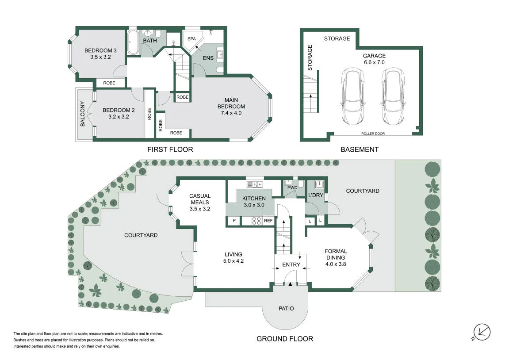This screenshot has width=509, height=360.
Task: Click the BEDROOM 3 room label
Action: [100, 51]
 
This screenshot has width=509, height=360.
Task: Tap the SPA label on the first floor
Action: [191, 38]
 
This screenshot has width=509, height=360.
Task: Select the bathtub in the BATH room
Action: [133, 42]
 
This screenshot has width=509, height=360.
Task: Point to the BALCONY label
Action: [82, 114]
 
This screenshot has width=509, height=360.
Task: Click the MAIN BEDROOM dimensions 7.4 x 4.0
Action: [231, 113]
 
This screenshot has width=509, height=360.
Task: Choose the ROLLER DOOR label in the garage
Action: [373, 134]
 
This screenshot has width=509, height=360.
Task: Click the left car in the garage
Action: [352, 96]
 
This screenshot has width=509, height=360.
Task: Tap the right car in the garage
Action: [393, 96]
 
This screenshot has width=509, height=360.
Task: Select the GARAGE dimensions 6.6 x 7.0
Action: [374, 62]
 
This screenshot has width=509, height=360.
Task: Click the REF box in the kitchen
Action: [268, 221]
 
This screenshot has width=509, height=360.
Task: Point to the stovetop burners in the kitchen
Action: [256, 221]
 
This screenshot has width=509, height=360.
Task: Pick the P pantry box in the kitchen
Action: [234, 221]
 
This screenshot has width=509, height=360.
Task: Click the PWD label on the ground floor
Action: [292, 188]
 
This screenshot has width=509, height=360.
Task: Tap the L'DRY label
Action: [316, 195]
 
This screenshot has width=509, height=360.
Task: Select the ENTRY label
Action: [291, 264]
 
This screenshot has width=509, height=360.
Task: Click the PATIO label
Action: [286, 308]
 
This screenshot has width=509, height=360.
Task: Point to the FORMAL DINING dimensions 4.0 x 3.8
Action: [336, 264]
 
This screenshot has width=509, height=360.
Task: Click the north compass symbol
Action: [482, 332]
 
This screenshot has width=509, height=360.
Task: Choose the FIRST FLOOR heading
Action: [170, 149]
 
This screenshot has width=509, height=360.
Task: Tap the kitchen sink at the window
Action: [255, 184]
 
